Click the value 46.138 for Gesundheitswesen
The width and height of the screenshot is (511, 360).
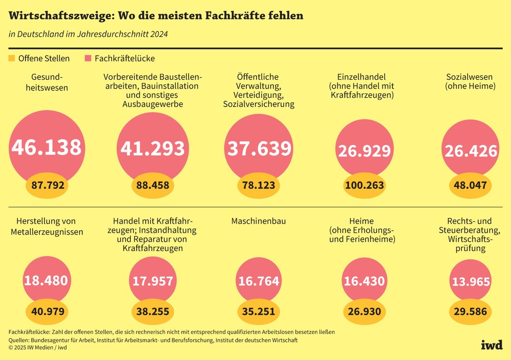47,147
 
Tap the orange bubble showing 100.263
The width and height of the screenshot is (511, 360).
364,185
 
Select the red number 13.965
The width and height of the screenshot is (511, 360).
470,282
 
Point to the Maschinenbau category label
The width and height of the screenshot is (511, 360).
259,221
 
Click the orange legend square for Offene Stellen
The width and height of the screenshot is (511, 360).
12,58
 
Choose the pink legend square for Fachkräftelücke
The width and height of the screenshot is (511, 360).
88,58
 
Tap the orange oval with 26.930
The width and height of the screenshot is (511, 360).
364,311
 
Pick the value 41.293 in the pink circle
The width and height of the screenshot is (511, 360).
152,148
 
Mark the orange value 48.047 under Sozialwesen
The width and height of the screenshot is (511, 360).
470,185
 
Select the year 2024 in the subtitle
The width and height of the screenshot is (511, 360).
158,34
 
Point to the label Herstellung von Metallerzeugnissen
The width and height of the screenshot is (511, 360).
47,227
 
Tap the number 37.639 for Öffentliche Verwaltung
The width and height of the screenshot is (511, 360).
259,148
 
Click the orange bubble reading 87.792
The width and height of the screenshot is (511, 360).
48,185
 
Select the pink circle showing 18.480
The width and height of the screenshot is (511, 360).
46,280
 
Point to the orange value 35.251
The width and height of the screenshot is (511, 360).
259,311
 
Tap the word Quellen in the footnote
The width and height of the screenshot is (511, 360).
18,340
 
